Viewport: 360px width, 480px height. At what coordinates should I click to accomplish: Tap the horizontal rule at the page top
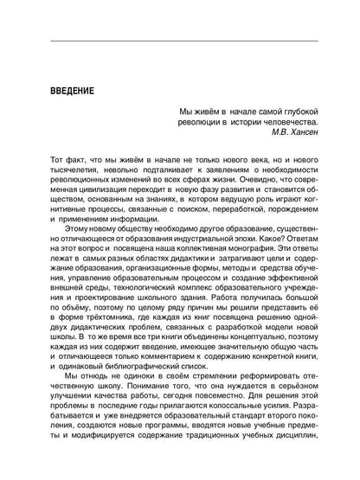(x=180, y=41)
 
